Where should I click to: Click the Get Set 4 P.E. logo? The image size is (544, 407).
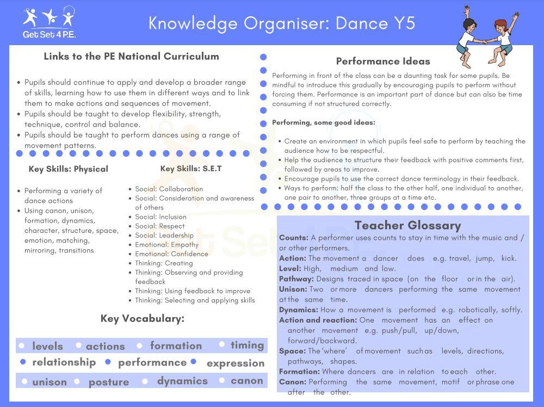click(x=49, y=23)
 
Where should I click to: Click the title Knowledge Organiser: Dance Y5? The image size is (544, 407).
click(x=282, y=23)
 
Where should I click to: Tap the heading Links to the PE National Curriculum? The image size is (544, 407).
click(x=131, y=57)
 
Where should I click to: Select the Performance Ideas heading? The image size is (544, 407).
click(x=383, y=61)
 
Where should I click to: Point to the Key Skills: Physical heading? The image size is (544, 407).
click(x=69, y=169)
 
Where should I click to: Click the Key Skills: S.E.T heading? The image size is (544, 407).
click(x=191, y=169)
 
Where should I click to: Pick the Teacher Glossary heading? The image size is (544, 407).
click(x=407, y=225)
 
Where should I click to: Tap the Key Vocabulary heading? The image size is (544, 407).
click(x=143, y=319)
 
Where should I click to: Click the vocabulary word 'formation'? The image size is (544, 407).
click(x=176, y=346)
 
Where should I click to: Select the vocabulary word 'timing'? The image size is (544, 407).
click(x=247, y=346)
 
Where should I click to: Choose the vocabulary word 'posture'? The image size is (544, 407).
click(x=109, y=382)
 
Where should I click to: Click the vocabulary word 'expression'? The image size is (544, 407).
click(x=236, y=363)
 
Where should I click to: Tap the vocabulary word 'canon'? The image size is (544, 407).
click(x=247, y=381)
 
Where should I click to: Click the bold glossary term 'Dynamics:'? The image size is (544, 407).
click(x=299, y=310)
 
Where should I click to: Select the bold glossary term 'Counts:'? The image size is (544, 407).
click(x=294, y=238)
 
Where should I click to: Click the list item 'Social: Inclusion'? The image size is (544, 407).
click(x=160, y=217)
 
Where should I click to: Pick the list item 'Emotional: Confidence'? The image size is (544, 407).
click(x=171, y=254)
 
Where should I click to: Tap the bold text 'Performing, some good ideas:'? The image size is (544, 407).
click(x=324, y=123)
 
